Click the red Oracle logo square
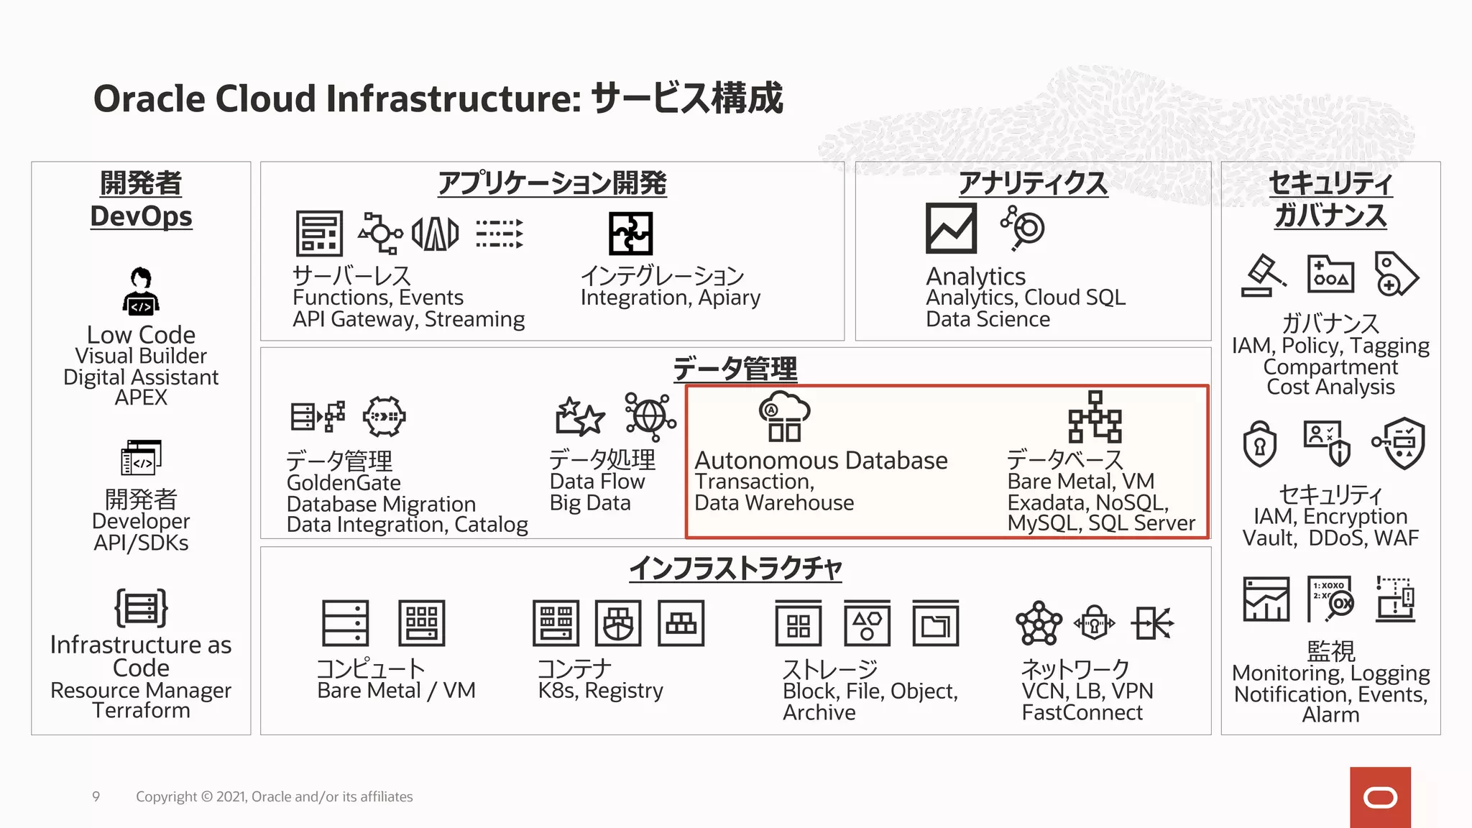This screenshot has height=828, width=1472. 1380,797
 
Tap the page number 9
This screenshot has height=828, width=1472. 96,796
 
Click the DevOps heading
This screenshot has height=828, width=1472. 141,216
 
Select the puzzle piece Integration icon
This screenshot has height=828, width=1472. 630,234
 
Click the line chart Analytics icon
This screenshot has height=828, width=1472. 951,229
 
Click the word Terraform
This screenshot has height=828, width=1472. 141,710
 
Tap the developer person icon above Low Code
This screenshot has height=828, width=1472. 141,291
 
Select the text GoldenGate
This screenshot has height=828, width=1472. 344,482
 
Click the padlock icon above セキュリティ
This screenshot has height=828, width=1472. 1259,443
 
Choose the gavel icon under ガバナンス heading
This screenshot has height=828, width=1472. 1263,275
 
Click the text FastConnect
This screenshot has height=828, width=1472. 1082,712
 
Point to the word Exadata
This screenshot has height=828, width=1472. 1041,502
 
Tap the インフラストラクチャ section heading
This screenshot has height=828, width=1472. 735,569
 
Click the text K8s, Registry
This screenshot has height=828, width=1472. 600,690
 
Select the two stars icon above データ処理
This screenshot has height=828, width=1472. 579,416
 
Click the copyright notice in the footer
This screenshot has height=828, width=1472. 274,796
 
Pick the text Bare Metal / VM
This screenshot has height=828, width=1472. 396,690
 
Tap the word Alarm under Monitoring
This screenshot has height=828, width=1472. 1330,714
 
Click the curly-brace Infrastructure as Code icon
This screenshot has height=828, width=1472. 141,608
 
